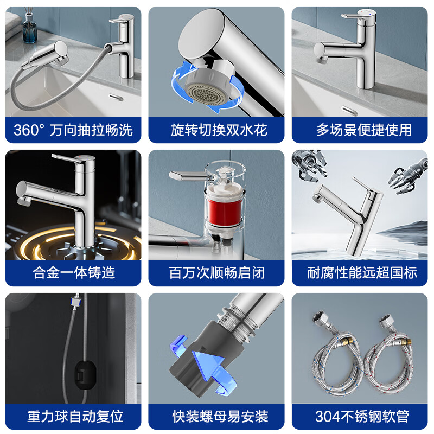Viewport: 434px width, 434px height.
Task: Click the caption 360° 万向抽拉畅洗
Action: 73,130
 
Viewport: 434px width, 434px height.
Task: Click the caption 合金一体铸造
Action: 73,273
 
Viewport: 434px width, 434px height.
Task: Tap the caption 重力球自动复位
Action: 73,416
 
